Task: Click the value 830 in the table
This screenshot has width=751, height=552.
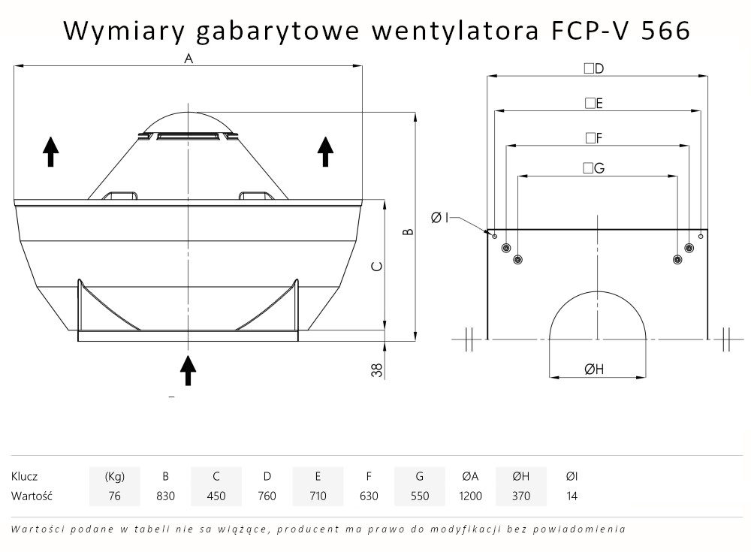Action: tap(165, 496)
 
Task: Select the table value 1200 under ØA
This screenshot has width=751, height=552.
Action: tap(470, 496)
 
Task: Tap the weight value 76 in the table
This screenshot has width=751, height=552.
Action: tap(114, 496)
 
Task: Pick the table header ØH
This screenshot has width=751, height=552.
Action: tap(521, 476)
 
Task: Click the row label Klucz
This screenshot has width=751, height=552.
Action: tap(25, 476)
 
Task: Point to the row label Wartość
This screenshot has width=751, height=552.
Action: tap(30, 496)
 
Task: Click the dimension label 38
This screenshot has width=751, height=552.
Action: tap(378, 369)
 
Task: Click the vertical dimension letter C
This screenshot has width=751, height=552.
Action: tap(378, 267)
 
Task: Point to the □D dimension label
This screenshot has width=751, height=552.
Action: tap(595, 68)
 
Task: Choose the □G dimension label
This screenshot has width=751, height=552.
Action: tap(593, 168)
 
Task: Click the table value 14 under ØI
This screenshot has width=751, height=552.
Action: tap(572, 496)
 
